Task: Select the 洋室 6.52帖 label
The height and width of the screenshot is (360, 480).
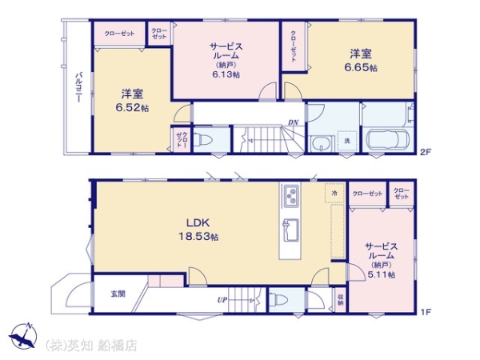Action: pyautogui.click(x=130, y=100)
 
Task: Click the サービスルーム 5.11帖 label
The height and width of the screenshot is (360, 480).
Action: pyautogui.click(x=379, y=260)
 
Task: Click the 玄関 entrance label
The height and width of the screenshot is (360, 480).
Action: pyautogui.click(x=118, y=294)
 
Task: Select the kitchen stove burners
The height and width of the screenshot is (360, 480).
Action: pyautogui.click(x=290, y=195)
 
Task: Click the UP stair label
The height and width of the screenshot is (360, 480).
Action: pyautogui.click(x=222, y=301)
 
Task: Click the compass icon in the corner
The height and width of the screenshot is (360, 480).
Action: pyautogui.click(x=24, y=336)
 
